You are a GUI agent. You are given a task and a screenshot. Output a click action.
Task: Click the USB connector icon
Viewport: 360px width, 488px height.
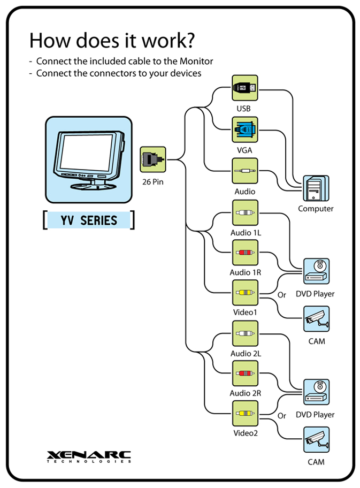tap(245, 88)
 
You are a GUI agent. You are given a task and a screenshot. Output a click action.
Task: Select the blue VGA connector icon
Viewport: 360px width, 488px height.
tap(245, 129)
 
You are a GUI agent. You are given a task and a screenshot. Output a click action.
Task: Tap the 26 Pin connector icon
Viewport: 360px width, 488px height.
tap(153, 159)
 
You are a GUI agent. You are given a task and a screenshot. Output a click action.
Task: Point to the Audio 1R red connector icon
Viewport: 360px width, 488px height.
tap(245, 253)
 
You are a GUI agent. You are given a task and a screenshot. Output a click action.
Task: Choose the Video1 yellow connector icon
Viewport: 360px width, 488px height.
tap(245, 293)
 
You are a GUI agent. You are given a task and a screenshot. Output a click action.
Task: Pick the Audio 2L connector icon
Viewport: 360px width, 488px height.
tap(245, 333)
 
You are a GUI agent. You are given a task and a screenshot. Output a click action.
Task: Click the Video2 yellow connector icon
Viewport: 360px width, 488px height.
tap(245, 414)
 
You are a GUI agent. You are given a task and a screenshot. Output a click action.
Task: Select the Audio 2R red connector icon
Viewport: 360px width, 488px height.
tap(245, 373)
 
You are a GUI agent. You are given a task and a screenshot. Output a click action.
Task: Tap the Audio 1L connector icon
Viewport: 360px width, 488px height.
tap(245, 212)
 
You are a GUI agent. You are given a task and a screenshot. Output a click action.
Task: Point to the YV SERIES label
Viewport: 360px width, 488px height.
tap(88, 220)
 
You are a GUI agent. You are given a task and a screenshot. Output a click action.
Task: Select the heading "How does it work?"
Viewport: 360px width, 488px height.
tap(112, 40)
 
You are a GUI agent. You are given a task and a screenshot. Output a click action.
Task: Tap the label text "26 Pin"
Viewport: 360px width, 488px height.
tap(152, 181)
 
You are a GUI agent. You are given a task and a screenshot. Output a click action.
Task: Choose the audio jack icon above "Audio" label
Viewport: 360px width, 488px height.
tap(245, 171)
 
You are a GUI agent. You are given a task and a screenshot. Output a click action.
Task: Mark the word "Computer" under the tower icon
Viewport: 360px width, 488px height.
tap(316, 209)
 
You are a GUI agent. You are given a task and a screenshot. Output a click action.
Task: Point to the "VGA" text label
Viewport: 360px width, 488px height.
tap(244, 150)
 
